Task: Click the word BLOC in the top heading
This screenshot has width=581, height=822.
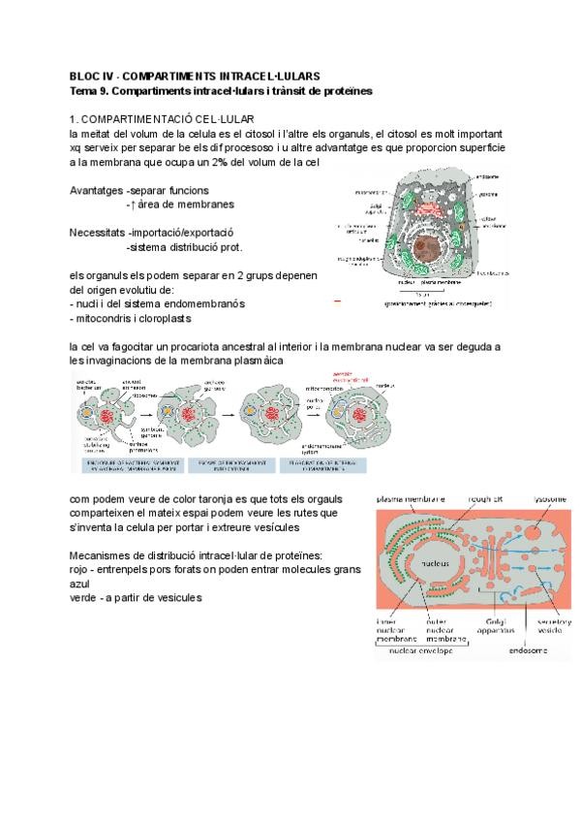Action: (84, 76)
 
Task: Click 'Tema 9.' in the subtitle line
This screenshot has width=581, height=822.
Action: (90, 90)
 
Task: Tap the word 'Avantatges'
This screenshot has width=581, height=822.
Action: (96, 190)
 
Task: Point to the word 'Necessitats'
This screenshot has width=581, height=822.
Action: (97, 234)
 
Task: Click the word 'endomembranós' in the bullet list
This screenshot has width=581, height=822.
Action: (199, 303)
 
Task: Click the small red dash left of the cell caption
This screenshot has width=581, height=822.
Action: (337, 302)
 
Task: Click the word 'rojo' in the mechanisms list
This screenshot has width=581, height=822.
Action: (82, 569)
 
